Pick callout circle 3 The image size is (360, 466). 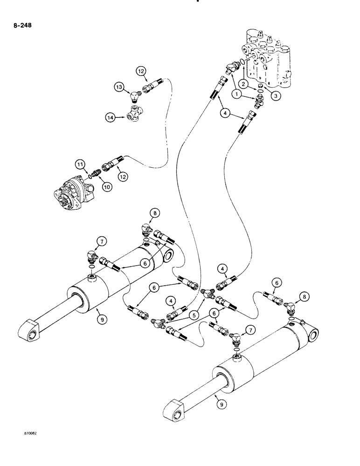tap(277, 96)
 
